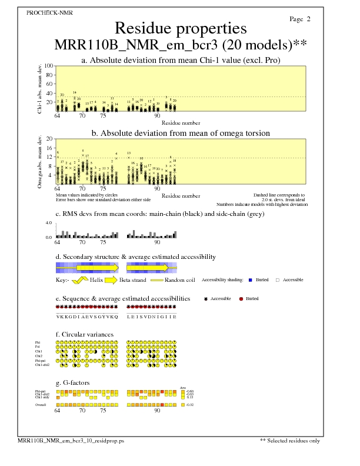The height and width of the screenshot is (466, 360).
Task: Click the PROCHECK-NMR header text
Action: pyautogui.click(x=46, y=12)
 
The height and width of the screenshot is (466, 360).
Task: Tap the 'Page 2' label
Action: pyautogui.click(x=300, y=19)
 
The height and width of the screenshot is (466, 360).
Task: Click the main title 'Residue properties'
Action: pyautogui.click(x=181, y=28)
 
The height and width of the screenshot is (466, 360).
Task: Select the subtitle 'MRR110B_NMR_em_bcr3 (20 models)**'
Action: pyautogui.click(x=181, y=45)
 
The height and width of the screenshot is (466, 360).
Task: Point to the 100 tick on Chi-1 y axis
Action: pyautogui.click(x=49, y=66)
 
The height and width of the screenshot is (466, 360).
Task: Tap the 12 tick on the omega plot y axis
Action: pyautogui.click(x=51, y=157)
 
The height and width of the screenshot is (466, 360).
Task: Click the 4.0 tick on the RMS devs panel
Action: pyautogui.click(x=49, y=223)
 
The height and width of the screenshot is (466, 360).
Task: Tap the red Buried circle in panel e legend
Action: pyautogui.click(x=242, y=299)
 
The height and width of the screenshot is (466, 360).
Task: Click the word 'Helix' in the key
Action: pyautogui.click(x=96, y=280)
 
